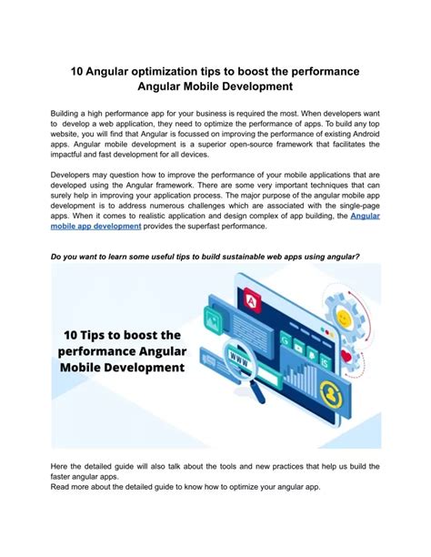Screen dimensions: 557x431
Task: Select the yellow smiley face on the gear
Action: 345,319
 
